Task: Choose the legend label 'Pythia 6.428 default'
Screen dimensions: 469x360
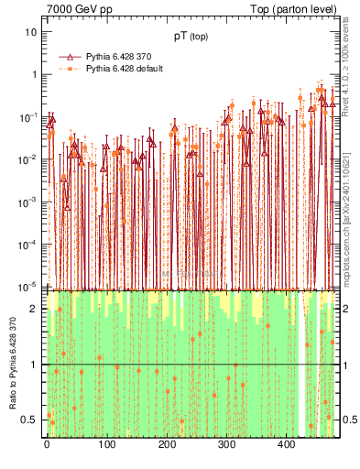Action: pyautogui.click(x=125, y=69)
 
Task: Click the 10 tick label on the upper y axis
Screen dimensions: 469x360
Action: pyautogui.click(x=31, y=32)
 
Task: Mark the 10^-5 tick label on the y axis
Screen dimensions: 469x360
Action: pyautogui.click(x=29, y=286)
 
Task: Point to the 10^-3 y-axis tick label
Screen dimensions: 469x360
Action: pyautogui.click(x=29, y=202)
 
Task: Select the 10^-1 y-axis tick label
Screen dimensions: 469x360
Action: pyautogui.click(x=29, y=116)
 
